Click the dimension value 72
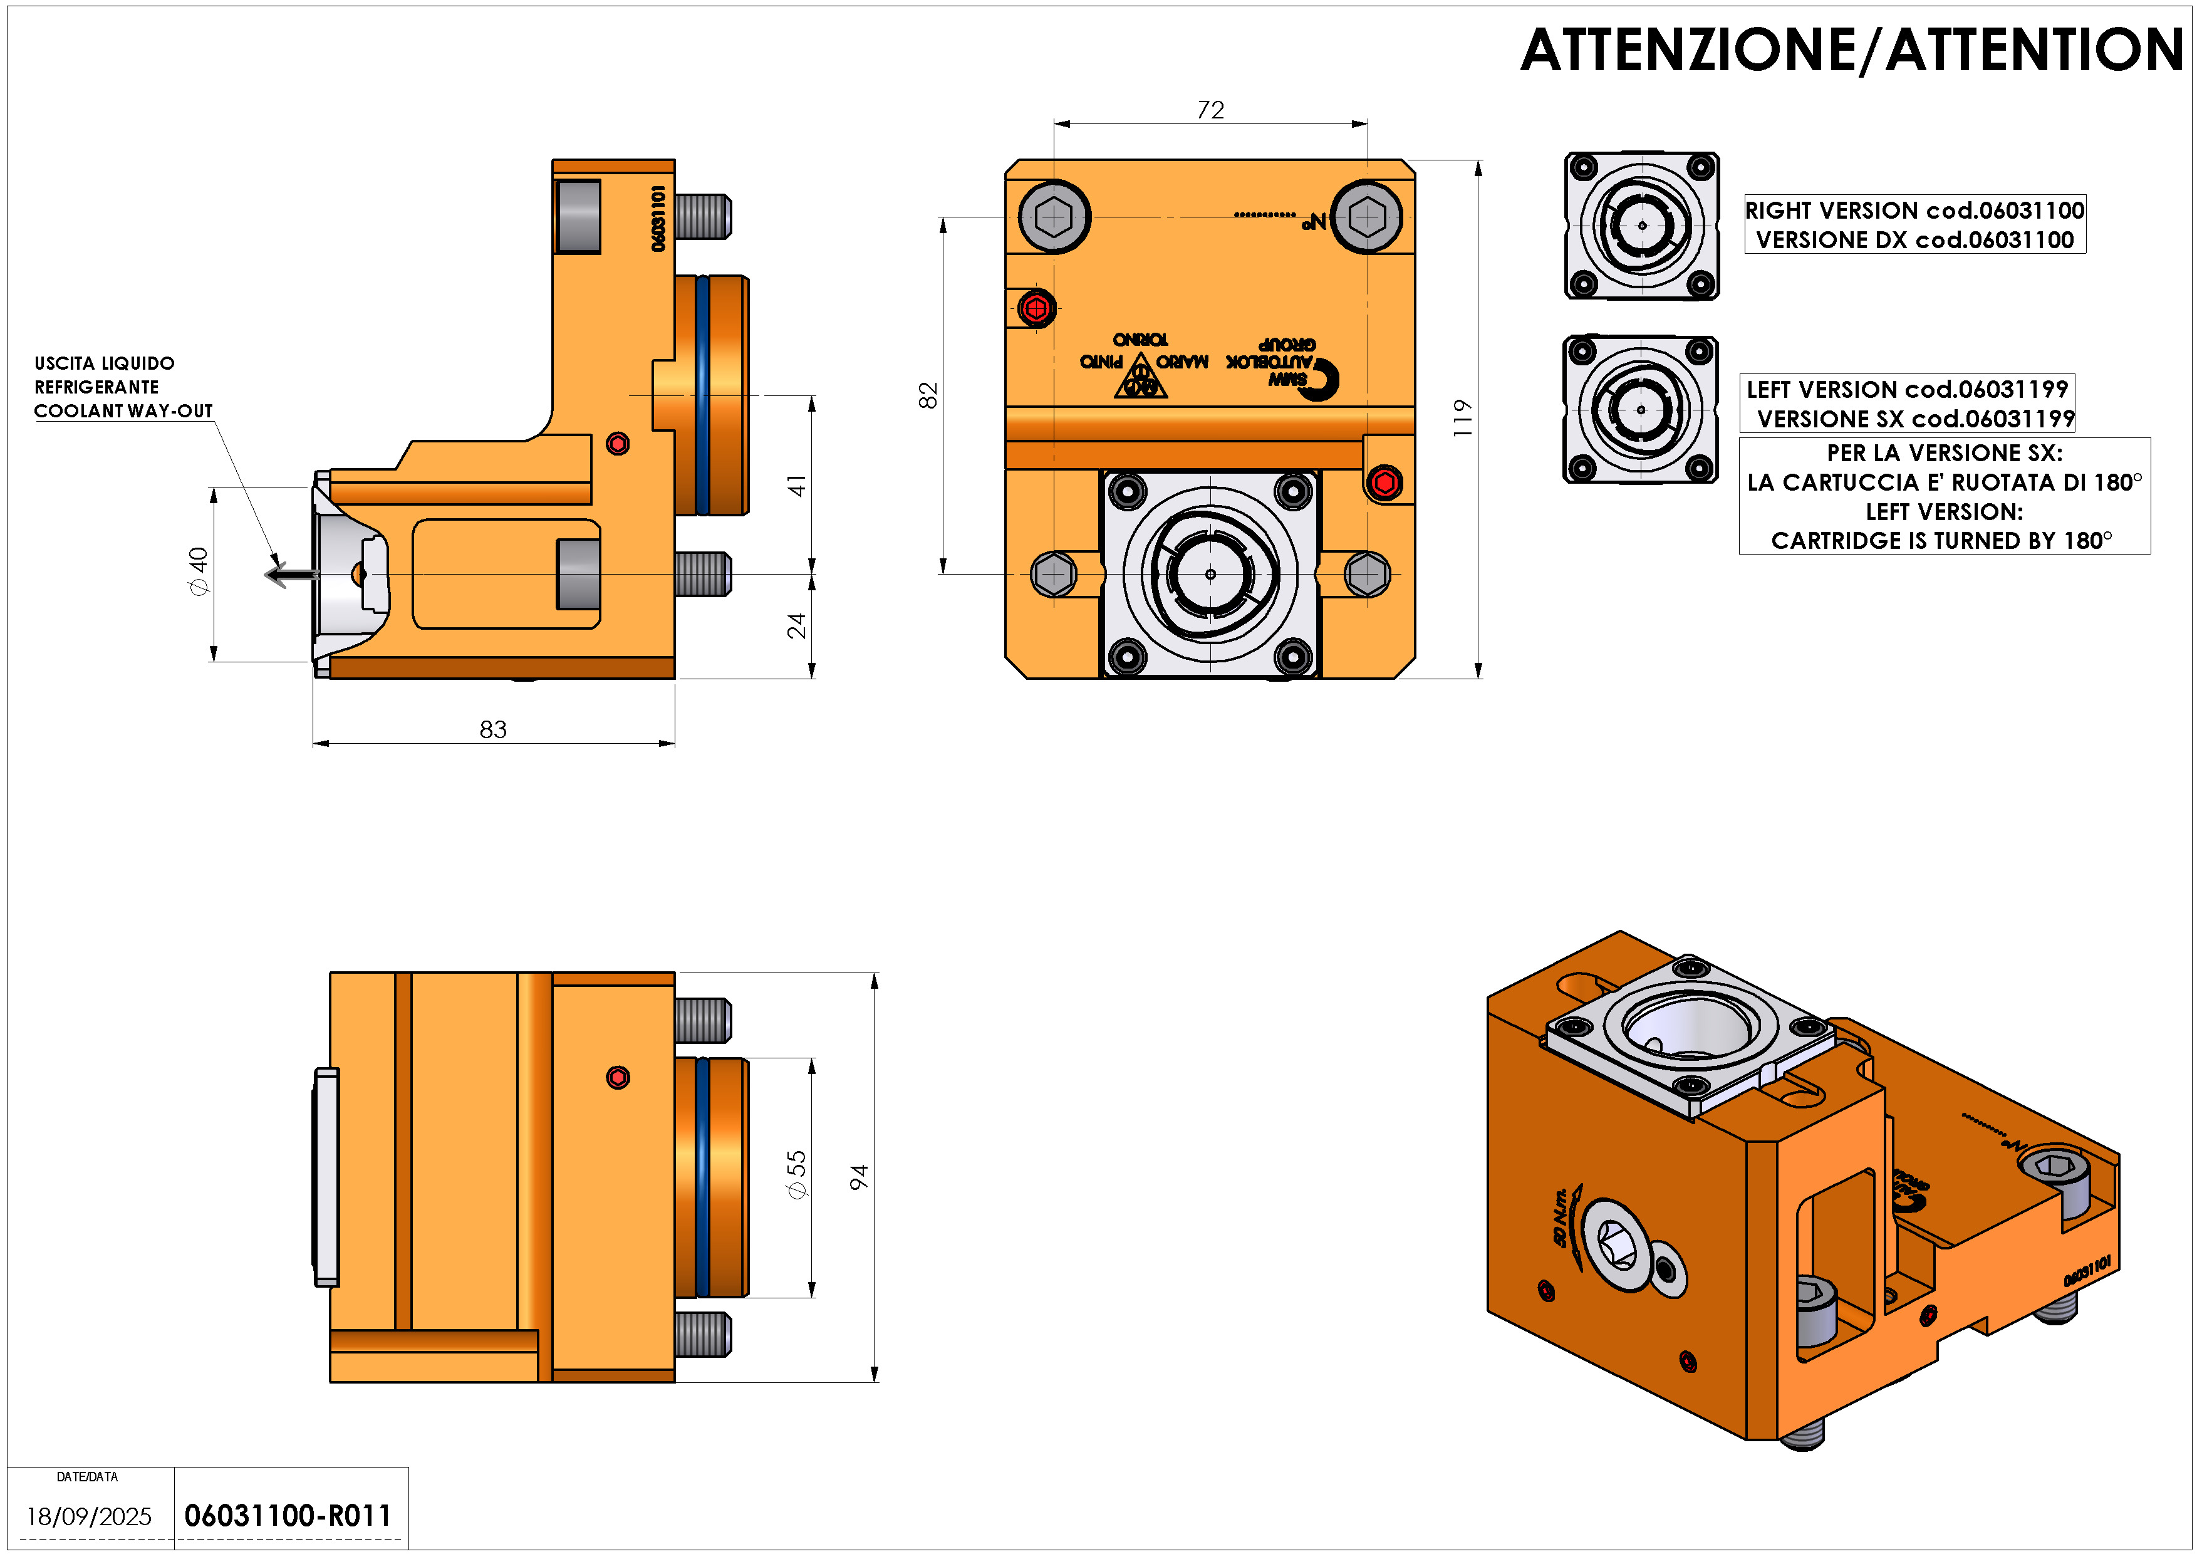(1210, 110)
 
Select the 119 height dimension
(1461, 418)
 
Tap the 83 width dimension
(493, 729)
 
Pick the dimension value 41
(797, 485)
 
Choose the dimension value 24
(797, 626)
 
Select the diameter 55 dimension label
(796, 1174)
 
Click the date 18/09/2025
(89, 1516)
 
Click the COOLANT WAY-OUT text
(123, 410)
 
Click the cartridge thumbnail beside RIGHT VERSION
(1642, 226)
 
